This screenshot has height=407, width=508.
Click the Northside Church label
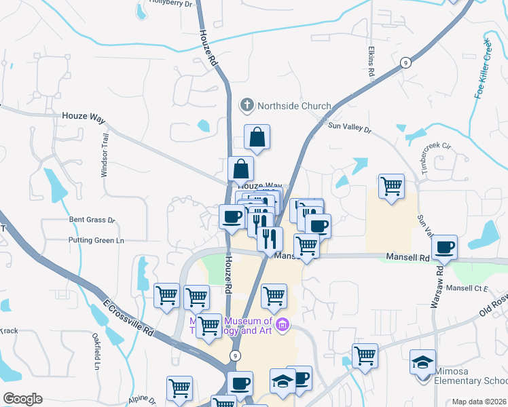click(x=293, y=106)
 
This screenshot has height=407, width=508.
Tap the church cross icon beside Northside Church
click(x=247, y=106)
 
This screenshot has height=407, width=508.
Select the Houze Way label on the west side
click(x=84, y=117)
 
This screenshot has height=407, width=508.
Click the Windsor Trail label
click(x=105, y=155)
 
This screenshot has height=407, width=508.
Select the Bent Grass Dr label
click(x=92, y=220)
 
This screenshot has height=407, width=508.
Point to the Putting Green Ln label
click(x=96, y=240)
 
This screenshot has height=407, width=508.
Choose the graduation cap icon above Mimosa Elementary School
click(x=422, y=362)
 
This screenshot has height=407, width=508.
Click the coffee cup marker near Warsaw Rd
click(x=444, y=247)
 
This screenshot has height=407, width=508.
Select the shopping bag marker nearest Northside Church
click(x=257, y=137)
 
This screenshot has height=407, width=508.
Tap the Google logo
click(x=22, y=399)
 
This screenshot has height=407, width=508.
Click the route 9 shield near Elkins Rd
click(x=405, y=62)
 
